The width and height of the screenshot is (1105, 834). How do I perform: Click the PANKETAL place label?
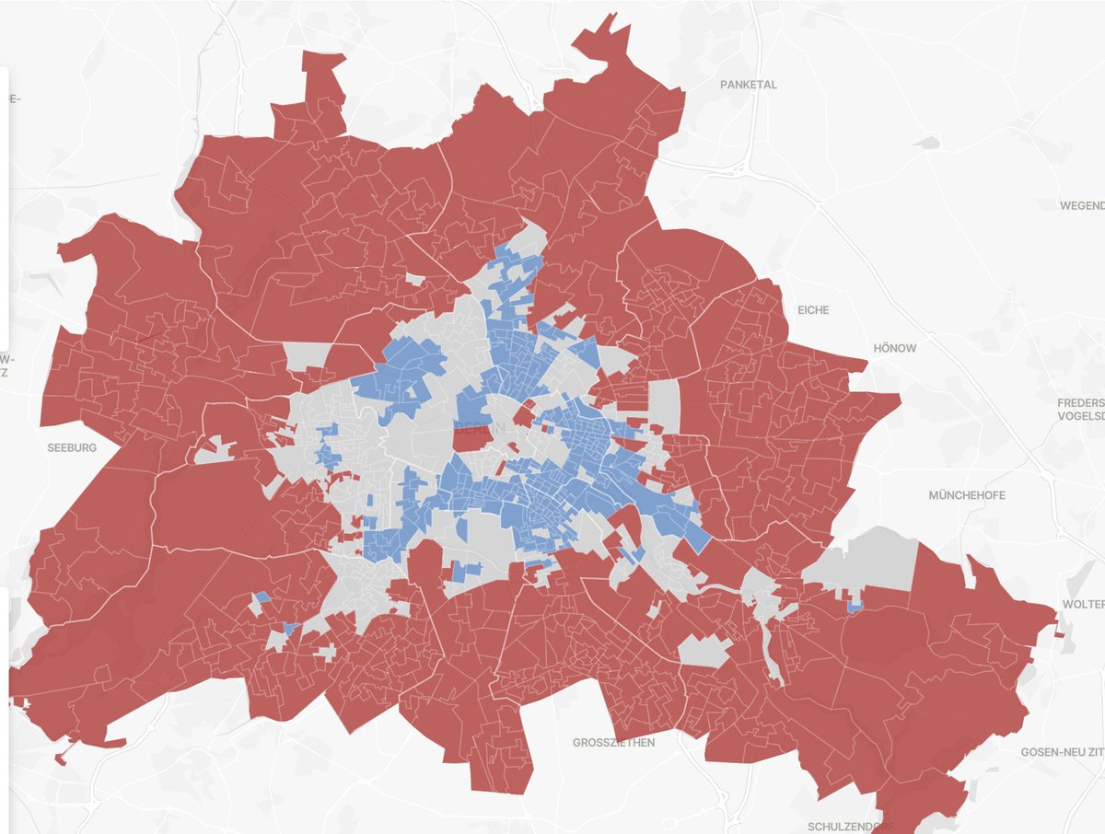coord(748,85)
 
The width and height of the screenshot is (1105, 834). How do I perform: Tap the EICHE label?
coord(813,310)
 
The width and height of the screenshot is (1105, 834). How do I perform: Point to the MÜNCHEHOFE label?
coord(967,495)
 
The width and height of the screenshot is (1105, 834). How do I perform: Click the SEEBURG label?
coord(72,447)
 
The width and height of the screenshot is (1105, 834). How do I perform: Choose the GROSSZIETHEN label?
coord(613,742)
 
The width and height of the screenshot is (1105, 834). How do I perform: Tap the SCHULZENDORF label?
coord(851,826)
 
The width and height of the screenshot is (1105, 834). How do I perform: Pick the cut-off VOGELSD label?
coord(1081,415)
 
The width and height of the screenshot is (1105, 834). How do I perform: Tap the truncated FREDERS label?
coord(1081,402)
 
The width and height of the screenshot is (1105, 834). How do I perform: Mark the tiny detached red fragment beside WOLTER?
coord(1060,634)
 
